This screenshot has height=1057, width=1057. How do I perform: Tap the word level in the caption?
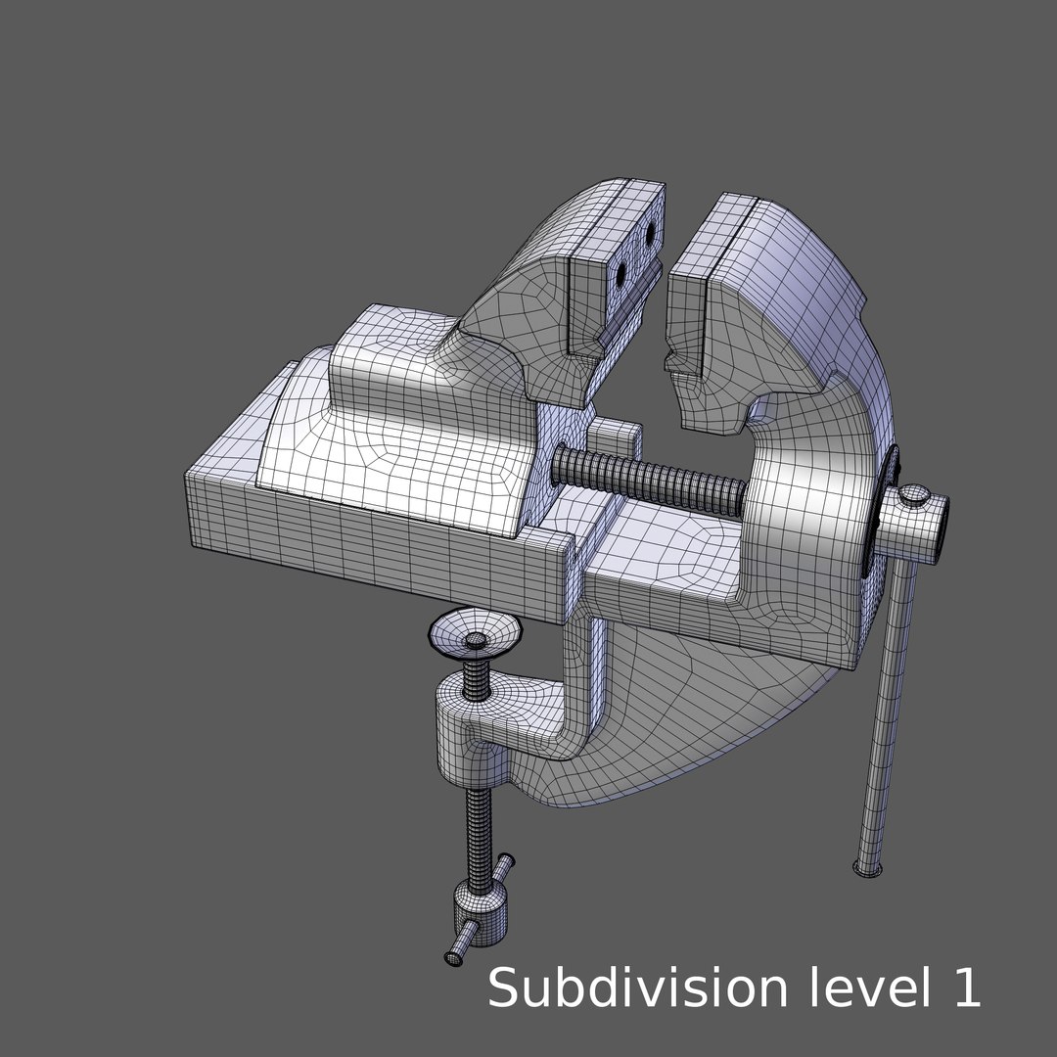(x=865, y=988)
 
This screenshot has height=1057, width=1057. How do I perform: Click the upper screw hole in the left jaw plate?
(x=648, y=233)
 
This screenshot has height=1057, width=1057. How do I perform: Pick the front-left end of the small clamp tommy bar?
(x=455, y=956)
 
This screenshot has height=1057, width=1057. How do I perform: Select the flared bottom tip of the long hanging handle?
(x=868, y=867)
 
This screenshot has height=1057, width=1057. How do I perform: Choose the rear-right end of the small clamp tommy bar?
(x=506, y=861)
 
